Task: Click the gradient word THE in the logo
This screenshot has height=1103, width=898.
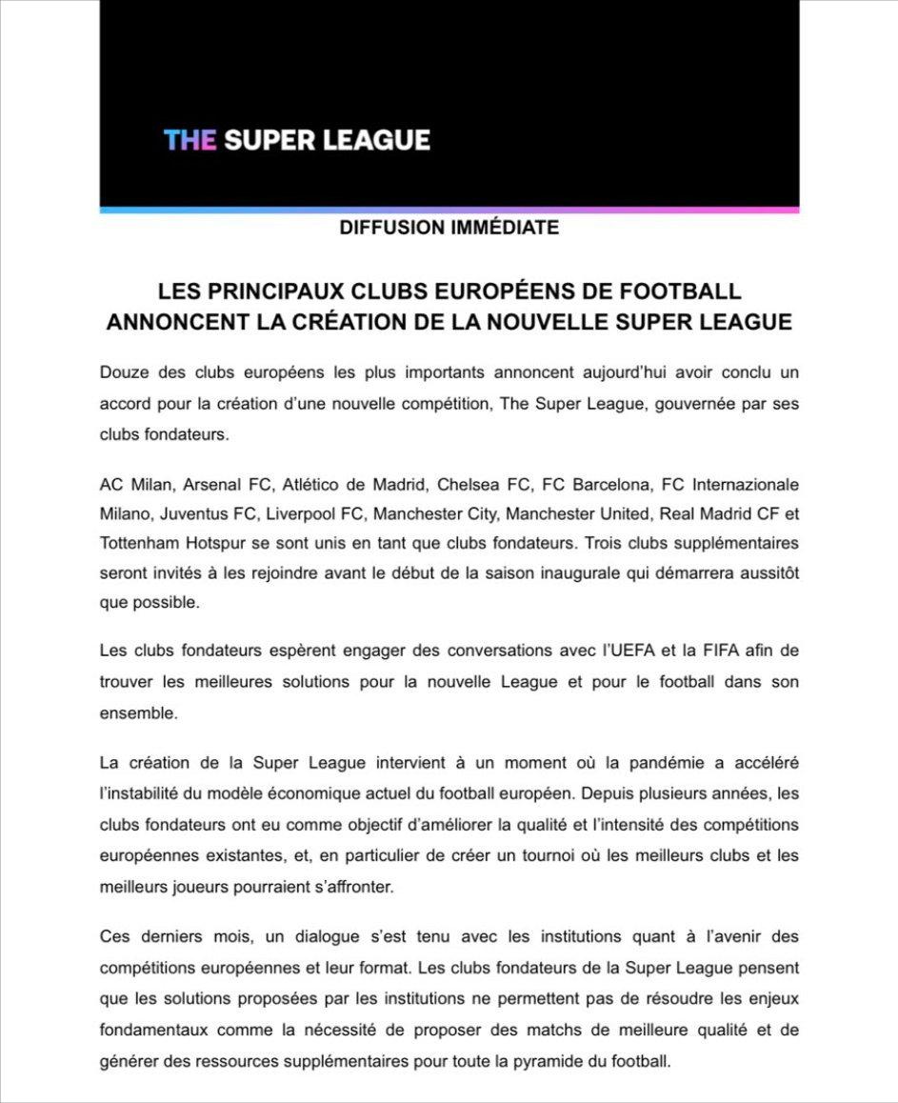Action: [190, 140]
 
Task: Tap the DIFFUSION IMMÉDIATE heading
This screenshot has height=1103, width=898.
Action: [449, 229]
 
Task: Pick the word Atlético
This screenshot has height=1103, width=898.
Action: [313, 483]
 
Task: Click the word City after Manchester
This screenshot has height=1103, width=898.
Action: [479, 514]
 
